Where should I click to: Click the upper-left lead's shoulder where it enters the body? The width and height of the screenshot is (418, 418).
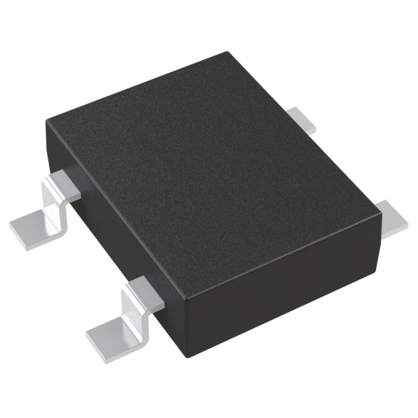[60, 177]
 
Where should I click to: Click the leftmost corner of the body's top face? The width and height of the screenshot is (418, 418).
[47, 121]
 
